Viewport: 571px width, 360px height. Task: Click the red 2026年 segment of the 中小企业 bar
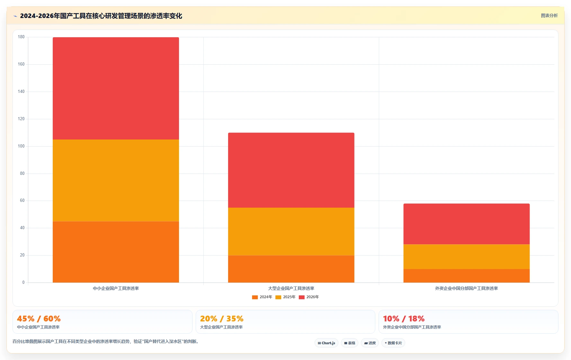pos(116,88)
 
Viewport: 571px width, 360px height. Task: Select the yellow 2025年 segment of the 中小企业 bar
pos(116,180)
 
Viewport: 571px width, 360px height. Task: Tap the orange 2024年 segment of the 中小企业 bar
pos(116,252)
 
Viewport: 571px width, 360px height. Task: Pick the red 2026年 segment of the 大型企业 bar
pos(291,170)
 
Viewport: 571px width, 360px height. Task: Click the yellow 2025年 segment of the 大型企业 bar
pos(291,231)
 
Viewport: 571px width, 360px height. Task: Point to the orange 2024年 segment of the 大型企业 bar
pos(291,269)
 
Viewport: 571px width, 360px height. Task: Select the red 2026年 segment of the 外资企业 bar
pos(467,224)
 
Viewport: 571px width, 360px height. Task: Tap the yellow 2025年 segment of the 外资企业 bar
pos(467,257)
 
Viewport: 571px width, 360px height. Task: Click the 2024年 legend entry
pos(262,297)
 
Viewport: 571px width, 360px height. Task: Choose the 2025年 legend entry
pos(285,297)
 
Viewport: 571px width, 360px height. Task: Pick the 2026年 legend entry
pos(309,297)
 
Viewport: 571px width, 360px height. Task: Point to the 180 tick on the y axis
pos(21,37)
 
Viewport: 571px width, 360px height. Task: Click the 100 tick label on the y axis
pos(21,146)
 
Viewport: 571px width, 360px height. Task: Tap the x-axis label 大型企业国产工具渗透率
pos(291,288)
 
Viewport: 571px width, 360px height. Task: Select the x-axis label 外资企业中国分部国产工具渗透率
pos(467,288)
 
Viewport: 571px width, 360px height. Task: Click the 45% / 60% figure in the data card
pos(39,319)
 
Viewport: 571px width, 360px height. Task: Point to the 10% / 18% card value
pos(404,319)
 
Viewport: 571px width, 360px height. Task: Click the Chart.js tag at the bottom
pos(326,343)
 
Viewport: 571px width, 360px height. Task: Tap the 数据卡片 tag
pos(393,343)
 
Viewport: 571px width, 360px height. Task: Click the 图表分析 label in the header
pos(549,15)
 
